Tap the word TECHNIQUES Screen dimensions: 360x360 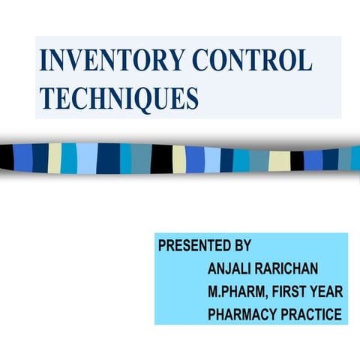[x=119, y=97]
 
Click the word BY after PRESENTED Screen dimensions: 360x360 [x=242, y=245]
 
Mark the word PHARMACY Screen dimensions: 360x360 [x=240, y=313]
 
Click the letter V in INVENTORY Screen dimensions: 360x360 [x=73, y=61]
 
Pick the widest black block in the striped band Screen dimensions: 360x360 [x=161, y=158]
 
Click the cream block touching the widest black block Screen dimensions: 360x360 [x=178, y=159]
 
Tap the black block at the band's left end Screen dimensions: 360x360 [x=6, y=157]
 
